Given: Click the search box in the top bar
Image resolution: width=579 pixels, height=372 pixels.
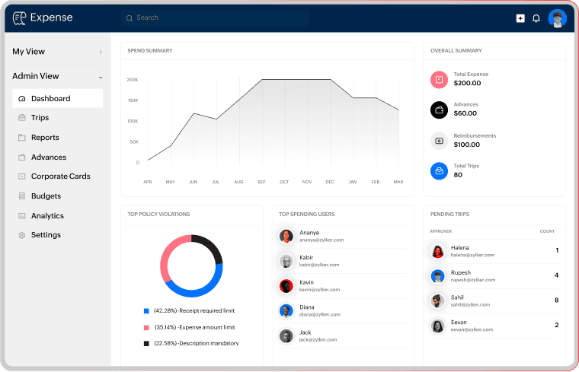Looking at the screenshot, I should pos(229,17).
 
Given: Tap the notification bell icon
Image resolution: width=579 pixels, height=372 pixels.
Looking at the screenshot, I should pos(536,18).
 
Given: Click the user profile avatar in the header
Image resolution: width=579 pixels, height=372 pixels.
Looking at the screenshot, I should pos(558,18).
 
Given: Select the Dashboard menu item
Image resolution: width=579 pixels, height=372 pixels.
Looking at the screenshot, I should pos(51,98).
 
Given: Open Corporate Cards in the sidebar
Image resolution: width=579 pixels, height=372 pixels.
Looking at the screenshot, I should pos(60,176).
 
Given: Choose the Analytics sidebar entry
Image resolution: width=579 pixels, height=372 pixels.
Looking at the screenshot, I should pos(47,216).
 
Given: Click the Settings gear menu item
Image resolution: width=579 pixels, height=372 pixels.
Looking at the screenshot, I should pos(46,235).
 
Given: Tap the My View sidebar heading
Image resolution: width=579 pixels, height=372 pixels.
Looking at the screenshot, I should pos(29,52).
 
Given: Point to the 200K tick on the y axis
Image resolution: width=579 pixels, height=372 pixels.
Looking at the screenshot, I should pos(133,79).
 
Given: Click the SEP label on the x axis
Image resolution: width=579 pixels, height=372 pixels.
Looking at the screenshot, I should pos(261,182).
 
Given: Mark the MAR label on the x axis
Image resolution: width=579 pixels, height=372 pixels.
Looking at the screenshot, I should pos(398,182).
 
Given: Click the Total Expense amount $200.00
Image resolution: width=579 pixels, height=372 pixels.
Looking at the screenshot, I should pos(467,83).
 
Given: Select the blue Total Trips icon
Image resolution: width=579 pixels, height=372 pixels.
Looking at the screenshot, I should pos(439,170).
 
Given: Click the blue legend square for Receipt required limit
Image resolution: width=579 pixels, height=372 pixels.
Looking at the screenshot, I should pos(146,310).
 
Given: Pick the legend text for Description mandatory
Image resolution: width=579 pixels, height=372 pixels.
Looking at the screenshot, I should pos(197,343).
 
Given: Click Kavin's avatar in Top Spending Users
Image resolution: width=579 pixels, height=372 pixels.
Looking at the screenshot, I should pos(286,286).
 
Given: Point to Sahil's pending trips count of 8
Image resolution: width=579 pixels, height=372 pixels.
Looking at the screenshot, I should pos(557,300).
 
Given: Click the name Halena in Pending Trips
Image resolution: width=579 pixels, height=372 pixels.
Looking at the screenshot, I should pos(460,247).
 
